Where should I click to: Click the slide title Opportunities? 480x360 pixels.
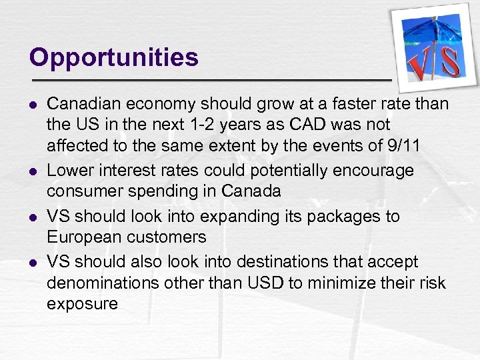[x=114, y=58]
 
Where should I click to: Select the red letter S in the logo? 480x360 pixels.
[x=449, y=61]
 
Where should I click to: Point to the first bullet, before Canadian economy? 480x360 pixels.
[x=33, y=105]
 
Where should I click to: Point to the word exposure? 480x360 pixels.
[x=82, y=305]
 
